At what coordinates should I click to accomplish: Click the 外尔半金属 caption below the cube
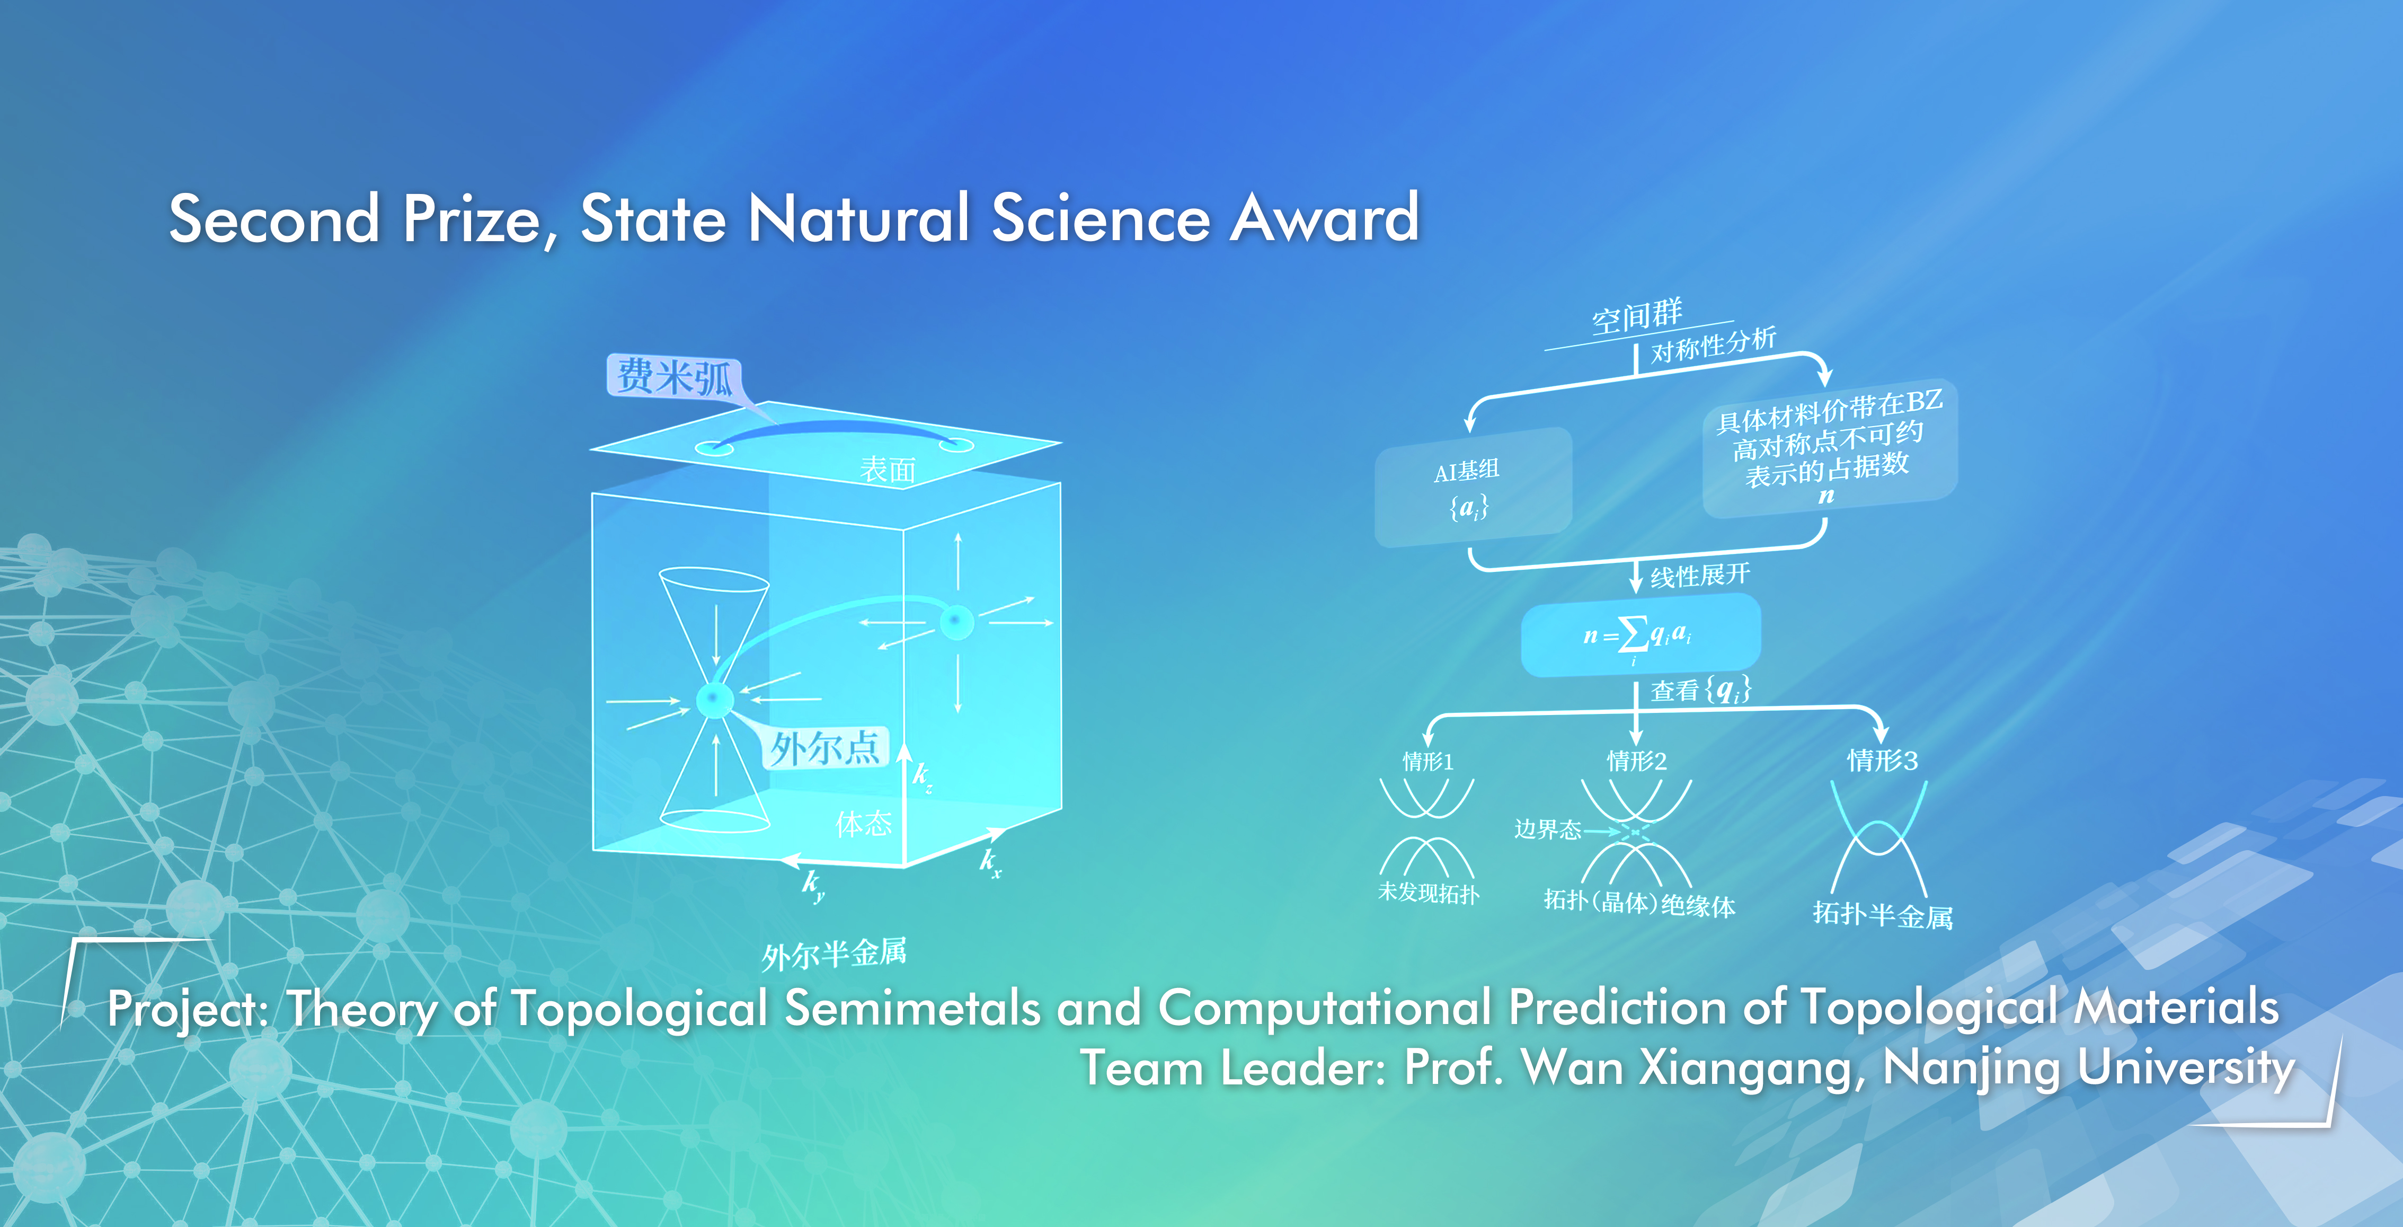coord(833,954)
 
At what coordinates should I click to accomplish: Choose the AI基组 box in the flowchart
coord(1473,487)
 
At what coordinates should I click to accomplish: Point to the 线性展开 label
coord(1700,575)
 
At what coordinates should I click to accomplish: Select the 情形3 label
coord(1883,761)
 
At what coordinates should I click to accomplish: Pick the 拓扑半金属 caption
coord(1883,914)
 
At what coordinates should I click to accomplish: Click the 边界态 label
coord(1548,828)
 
